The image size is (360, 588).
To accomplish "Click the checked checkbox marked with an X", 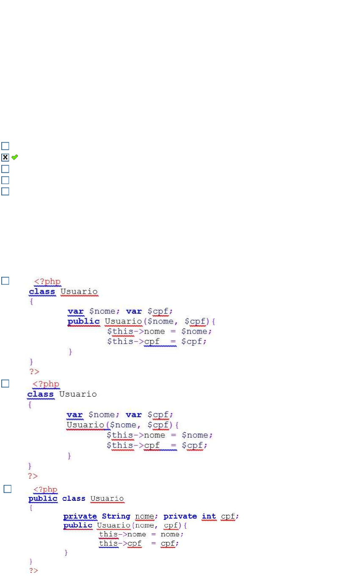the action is click(5, 157).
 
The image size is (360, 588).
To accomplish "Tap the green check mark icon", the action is click(15, 157).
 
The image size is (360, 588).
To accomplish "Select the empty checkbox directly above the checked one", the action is click(5, 146).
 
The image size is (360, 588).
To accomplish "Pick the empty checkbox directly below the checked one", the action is click(5, 169).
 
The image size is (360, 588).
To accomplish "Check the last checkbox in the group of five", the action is click(5, 191).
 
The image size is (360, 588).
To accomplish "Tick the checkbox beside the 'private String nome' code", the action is click(7, 489).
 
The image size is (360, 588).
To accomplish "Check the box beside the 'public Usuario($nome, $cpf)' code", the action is click(5, 280).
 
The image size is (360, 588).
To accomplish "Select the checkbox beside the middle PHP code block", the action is click(5, 384).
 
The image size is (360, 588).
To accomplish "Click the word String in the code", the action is click(116, 516).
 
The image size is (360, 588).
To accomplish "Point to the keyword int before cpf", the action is click(209, 516).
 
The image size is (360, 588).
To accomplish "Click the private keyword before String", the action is click(80, 516).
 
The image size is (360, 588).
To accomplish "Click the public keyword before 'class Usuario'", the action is click(43, 498).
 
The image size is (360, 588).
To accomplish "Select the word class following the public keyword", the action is click(74, 498).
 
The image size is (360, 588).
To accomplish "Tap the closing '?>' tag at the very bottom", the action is click(33, 571).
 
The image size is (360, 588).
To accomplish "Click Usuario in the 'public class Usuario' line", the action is click(107, 498).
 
